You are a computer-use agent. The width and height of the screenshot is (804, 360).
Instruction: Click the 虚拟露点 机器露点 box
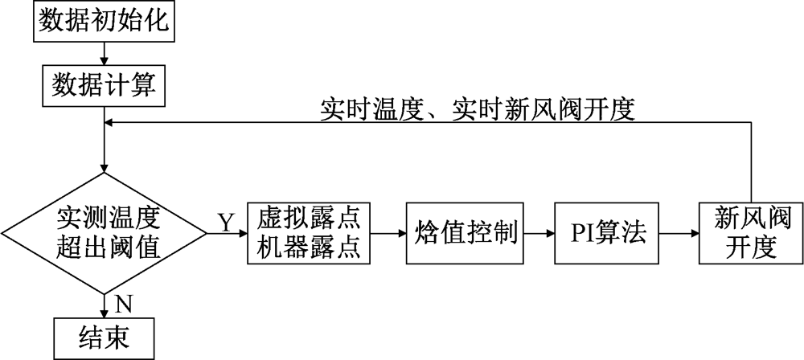tap(310, 232)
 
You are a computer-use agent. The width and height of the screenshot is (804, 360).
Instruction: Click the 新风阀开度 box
tap(750, 232)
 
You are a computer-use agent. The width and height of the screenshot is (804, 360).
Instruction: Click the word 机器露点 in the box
tap(310, 247)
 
